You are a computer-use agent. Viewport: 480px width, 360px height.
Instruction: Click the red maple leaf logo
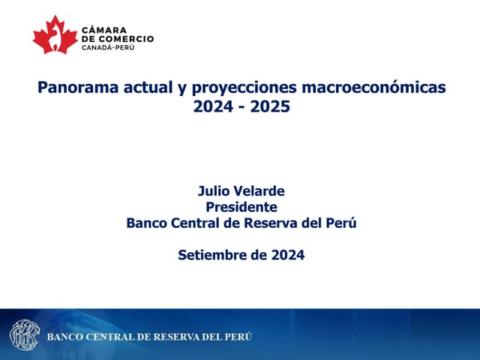[55, 35]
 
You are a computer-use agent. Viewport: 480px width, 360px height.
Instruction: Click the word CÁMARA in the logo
[104, 30]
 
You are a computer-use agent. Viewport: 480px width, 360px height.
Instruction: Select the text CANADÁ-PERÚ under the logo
[108, 47]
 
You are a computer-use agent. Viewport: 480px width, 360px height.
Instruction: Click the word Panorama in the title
[78, 87]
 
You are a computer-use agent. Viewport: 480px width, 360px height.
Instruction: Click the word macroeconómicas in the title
[373, 87]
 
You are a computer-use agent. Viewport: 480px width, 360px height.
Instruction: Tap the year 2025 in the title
[270, 106]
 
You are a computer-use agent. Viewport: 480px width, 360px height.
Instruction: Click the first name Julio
[214, 191]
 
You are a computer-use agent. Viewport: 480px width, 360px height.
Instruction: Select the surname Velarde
[259, 191]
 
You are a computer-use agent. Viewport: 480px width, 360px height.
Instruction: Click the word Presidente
[241, 207]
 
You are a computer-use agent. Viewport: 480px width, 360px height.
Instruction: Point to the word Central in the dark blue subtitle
[195, 223]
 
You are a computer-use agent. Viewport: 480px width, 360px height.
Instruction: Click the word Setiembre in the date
[211, 255]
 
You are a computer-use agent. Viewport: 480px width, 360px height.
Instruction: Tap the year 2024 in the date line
[288, 255]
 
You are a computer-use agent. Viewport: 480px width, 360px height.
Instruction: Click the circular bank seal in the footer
[25, 335]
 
